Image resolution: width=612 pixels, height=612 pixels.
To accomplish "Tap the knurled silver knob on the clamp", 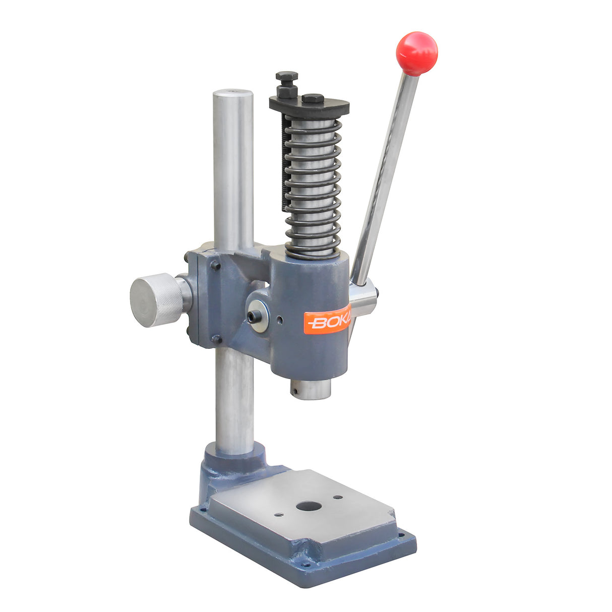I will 156,300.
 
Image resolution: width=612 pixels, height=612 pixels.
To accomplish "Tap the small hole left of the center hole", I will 279,515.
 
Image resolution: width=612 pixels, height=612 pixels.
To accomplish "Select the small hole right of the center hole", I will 338,497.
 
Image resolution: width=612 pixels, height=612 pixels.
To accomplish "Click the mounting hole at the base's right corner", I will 401,535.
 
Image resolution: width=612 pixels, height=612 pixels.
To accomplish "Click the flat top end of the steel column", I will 232,93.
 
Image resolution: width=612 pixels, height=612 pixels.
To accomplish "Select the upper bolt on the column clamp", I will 216,265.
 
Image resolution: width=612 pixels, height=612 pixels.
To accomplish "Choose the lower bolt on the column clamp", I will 216,339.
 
